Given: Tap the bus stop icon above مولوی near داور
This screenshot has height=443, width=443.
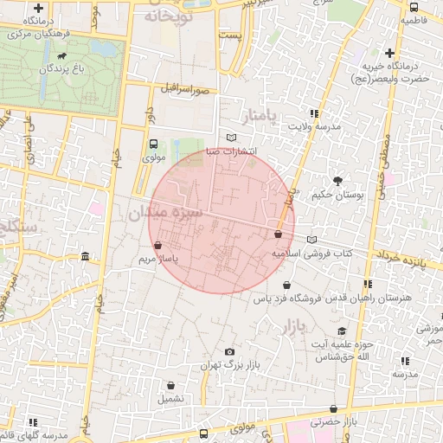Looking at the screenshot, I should (153, 144).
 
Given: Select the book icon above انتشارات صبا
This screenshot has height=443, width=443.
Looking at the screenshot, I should (230, 138).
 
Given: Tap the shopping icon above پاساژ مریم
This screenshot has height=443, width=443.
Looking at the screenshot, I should (157, 246).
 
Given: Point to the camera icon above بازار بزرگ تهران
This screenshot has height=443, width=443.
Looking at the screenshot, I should (229, 351).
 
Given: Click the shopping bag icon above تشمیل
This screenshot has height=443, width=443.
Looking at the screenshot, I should (170, 385).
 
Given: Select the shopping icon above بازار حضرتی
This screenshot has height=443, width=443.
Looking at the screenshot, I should (333, 408).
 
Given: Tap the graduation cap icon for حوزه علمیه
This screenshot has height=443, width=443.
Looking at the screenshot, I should (342, 331).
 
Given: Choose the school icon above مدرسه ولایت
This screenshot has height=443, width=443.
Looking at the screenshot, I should (313, 113).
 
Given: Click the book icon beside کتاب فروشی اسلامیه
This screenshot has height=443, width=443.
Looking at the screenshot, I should (311, 240).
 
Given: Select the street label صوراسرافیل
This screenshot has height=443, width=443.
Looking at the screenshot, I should (183, 88).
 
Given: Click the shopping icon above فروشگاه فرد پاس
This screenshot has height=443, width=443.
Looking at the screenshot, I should (286, 285).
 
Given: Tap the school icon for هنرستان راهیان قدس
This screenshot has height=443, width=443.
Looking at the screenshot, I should (368, 284).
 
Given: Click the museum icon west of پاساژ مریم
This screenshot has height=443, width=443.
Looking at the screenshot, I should (85, 257).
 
